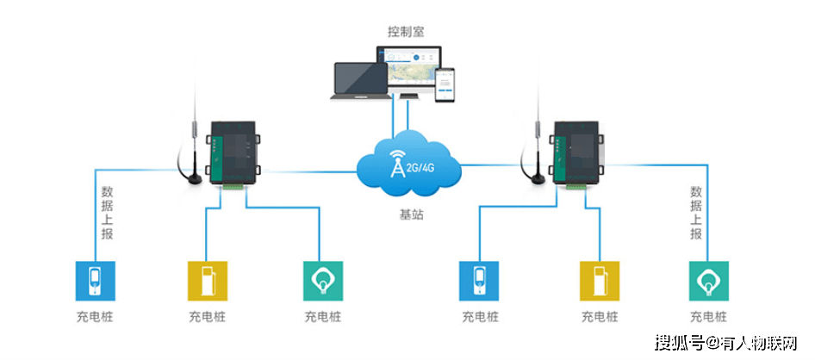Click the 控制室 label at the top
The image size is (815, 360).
pos(405,32)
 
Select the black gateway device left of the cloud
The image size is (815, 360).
pos(232,154)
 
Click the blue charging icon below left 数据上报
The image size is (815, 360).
pos(95,280)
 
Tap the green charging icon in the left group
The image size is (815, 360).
pos(323,280)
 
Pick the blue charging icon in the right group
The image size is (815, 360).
pos(479,280)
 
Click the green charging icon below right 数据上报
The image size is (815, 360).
pos(709,280)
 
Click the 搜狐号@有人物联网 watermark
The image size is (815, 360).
pos(728,343)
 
